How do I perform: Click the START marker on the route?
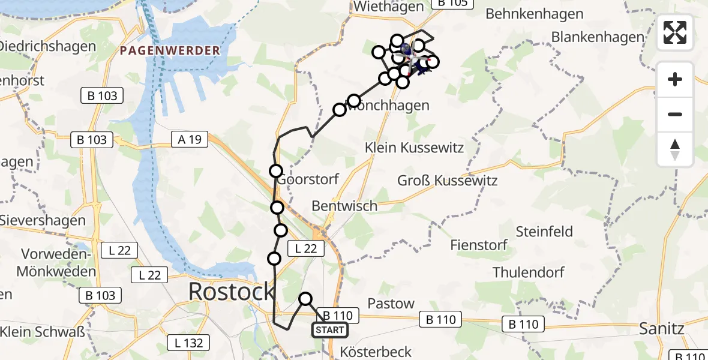click(x=329, y=330)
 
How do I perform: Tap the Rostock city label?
click(x=232, y=292)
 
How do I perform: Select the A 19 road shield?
click(x=189, y=140)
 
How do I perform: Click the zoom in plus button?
click(x=675, y=80)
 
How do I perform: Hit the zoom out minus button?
click(x=675, y=114)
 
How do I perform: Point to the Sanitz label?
click(x=662, y=329)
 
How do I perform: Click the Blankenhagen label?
click(x=598, y=37)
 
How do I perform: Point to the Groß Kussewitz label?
click(x=448, y=180)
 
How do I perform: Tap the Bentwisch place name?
click(x=344, y=206)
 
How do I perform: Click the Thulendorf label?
click(x=528, y=272)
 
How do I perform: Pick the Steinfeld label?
click(x=544, y=232)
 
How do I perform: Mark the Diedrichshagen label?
click(x=48, y=46)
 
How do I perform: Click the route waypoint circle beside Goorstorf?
click(x=275, y=171)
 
